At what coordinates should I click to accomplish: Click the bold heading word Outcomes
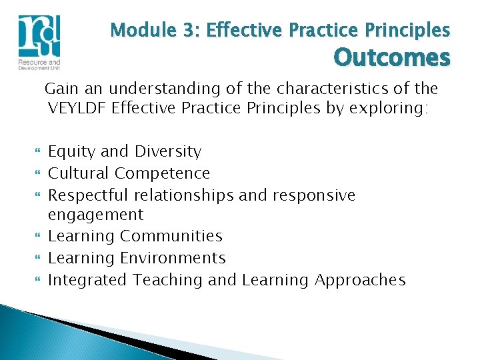pyautogui.click(x=392, y=58)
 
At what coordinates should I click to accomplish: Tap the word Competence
pyautogui.click(x=162, y=173)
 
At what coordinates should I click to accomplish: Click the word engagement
pyautogui.click(x=95, y=215)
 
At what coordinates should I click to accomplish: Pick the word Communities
pyautogui.click(x=171, y=236)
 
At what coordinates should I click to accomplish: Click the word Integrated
pyautogui.click(x=87, y=280)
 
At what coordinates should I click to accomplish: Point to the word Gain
pyautogui.click(x=61, y=88)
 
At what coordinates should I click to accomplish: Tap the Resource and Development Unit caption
pyautogui.click(x=39, y=64)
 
